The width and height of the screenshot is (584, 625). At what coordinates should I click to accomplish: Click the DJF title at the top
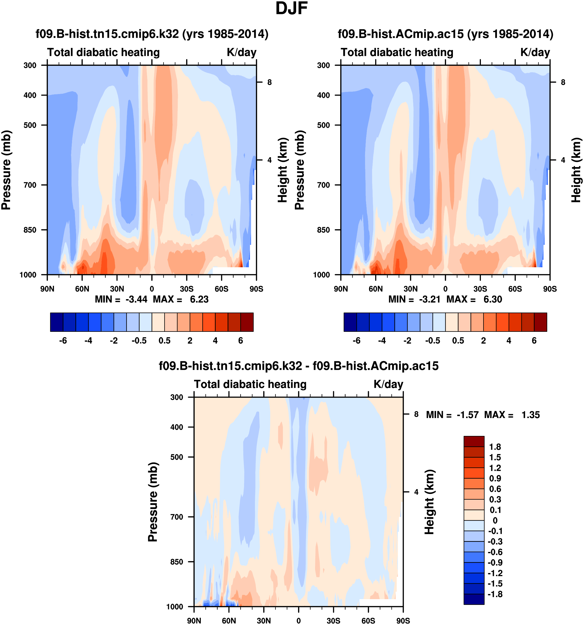pos(291,9)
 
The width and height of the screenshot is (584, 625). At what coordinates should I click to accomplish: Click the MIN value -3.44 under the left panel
pos(136,299)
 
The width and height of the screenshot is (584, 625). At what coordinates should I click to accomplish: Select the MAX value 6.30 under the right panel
pos(493,299)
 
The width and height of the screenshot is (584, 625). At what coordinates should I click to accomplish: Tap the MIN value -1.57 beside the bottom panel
pos(467,415)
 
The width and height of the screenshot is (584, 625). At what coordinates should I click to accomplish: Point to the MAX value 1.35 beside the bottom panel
pos(531,415)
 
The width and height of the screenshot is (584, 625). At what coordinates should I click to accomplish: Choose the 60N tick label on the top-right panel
pos(375,289)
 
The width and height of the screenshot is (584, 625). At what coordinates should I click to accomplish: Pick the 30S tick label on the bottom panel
pos(333,621)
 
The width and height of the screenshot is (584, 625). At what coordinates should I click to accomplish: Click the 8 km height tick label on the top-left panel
pos(269,82)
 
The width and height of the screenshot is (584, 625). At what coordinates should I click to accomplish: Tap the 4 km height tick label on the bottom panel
pos(416,492)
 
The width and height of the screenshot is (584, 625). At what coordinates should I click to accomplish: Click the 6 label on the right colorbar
pos(534,341)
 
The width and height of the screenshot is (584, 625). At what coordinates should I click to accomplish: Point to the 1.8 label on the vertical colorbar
pos(495,447)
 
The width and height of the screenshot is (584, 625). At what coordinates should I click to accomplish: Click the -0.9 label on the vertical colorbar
pos(495,562)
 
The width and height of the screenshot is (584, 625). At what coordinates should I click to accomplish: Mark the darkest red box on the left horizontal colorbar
pos(247,322)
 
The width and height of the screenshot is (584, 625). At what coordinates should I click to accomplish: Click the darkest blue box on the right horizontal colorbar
pos(350,322)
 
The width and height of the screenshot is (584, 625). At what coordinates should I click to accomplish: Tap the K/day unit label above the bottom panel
pos(388,384)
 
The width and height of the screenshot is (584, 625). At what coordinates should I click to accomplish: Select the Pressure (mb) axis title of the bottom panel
pos(153,502)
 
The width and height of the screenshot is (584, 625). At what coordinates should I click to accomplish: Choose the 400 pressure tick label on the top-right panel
pos(323,95)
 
